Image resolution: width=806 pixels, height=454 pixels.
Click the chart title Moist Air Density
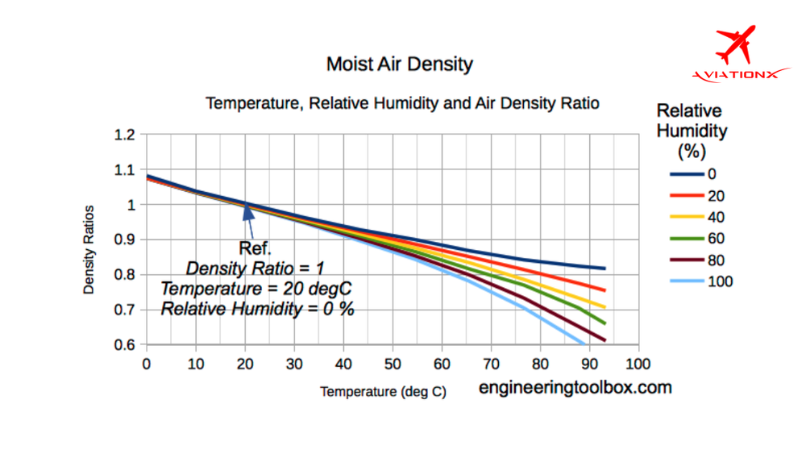pos(399,64)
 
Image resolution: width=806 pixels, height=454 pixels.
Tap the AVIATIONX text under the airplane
pos(735,75)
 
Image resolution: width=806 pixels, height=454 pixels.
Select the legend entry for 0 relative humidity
pos(689,173)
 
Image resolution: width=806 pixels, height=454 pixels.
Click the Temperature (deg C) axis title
pos(383,392)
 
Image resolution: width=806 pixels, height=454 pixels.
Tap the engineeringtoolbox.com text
pos(575,387)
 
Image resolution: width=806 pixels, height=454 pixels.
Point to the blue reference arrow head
pos(247,211)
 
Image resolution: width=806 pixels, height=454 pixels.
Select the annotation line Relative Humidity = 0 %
pos(257,308)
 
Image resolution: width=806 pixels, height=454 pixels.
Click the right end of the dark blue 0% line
pos(604,269)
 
